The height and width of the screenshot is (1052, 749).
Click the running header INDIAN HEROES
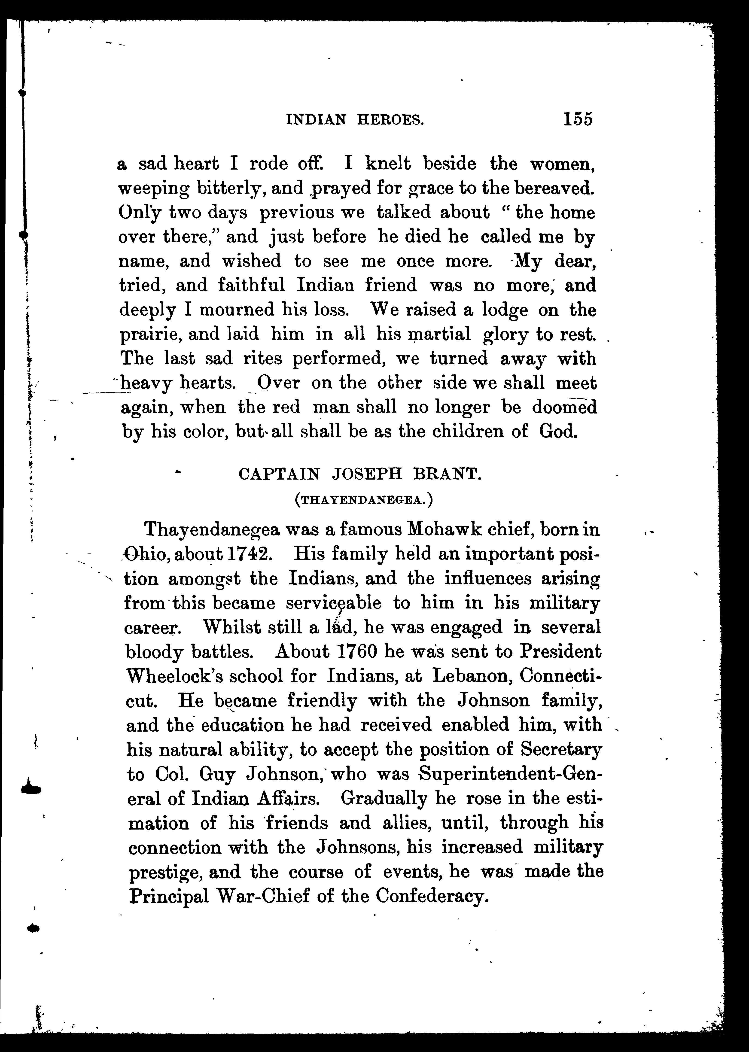pyautogui.click(x=355, y=120)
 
